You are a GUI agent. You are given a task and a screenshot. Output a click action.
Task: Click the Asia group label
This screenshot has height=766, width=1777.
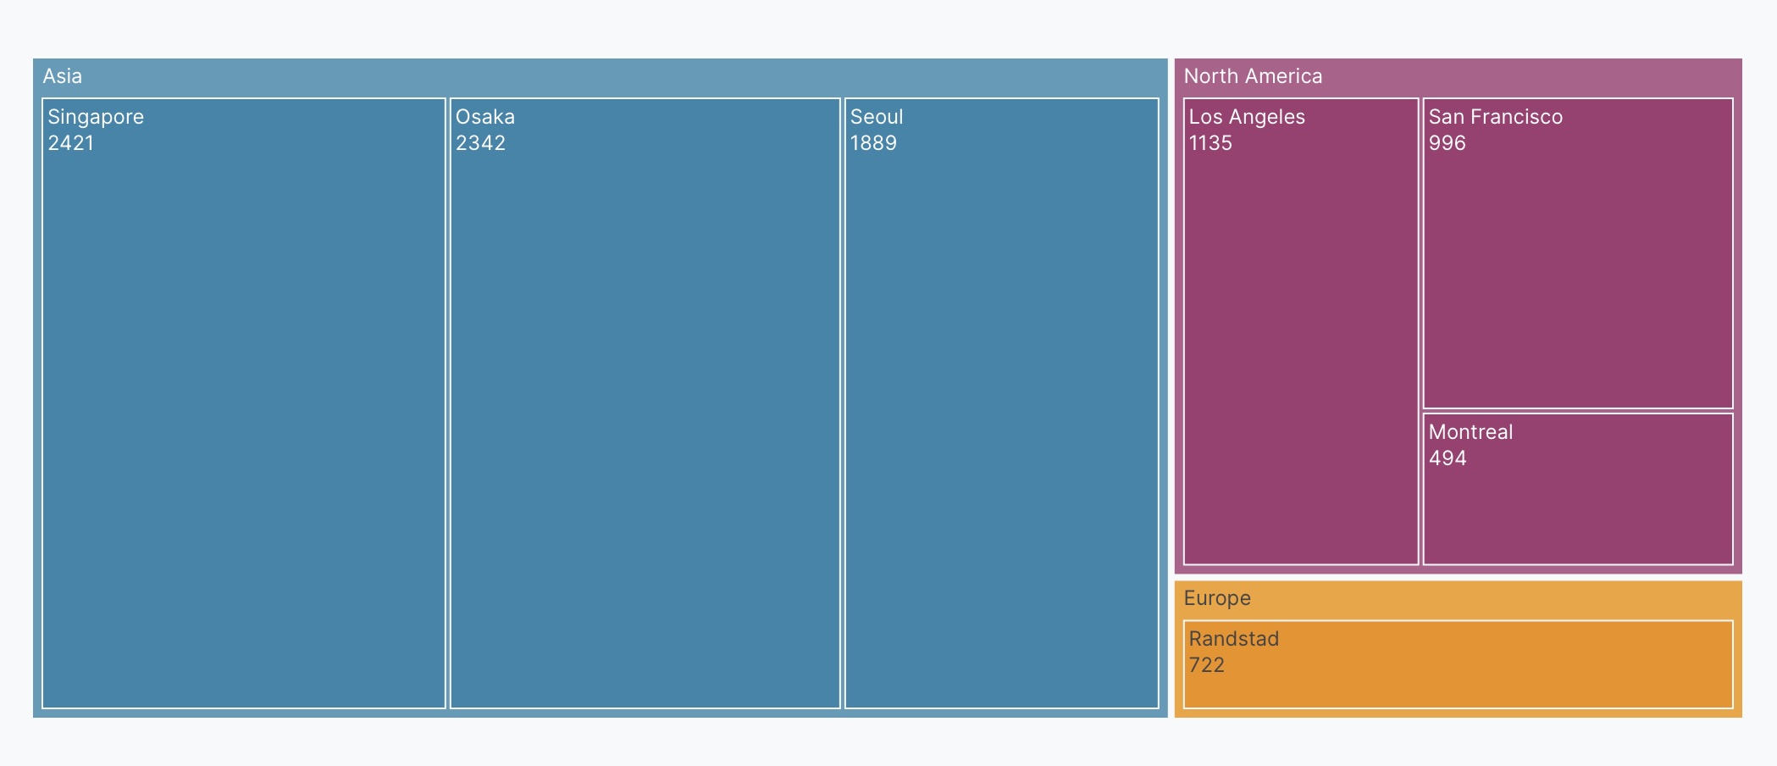[63, 76]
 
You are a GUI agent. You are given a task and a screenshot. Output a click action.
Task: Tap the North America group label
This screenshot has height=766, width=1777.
[1253, 76]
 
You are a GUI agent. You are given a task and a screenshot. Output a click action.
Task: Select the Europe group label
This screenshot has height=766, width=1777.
[1217, 598]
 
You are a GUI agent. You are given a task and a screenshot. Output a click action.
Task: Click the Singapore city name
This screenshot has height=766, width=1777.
[96, 117]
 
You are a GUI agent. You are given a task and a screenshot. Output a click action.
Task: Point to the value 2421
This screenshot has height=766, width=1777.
[71, 143]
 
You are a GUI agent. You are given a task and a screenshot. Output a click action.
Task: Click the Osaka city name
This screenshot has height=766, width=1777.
[485, 117]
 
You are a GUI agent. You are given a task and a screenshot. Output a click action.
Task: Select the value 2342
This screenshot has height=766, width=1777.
[480, 143]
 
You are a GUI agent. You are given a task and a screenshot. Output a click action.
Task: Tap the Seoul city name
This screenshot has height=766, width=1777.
[877, 117]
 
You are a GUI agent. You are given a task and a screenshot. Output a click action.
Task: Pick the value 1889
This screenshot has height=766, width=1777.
[873, 143]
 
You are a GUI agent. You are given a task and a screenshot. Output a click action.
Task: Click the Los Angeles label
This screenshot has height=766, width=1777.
[1247, 117]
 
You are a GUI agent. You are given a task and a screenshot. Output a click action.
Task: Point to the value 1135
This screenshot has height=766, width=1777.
[1210, 143]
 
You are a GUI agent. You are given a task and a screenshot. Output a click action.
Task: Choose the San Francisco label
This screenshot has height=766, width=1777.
[1496, 117]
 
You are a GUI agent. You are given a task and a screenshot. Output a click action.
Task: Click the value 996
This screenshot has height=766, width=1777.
[1447, 143]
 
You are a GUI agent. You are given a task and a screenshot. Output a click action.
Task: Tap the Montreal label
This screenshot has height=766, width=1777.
[1470, 432]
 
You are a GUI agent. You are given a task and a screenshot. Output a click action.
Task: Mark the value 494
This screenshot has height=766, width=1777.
[1448, 458]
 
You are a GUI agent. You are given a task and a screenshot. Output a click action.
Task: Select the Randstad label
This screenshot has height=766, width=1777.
[1234, 639]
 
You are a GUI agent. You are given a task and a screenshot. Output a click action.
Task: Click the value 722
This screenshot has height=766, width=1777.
[1207, 665]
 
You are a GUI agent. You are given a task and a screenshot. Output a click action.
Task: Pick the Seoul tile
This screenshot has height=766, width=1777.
[1001, 424]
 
